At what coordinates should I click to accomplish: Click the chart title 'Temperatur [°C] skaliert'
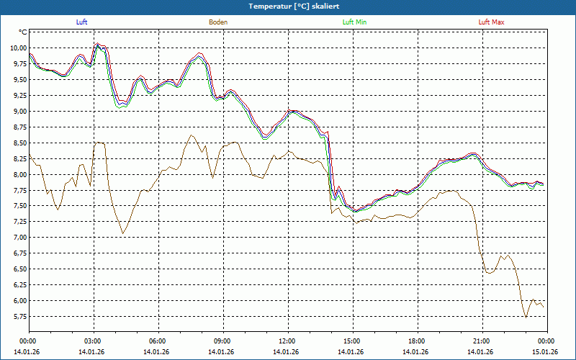point(288,6)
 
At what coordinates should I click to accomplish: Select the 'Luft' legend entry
point(81,22)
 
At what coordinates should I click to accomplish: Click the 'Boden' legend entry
point(218,22)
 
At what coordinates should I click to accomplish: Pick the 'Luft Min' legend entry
point(355,22)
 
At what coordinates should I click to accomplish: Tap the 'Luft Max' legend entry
point(492,22)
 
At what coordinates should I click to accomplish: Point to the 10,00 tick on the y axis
point(17,48)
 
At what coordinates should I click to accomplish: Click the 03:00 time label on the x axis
point(93,341)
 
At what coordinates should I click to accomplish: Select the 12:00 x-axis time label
point(287,341)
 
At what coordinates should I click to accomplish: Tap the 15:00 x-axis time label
point(351,341)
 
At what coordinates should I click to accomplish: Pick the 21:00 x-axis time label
point(481,341)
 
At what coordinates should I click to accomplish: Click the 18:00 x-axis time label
point(416,341)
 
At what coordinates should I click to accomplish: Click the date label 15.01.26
point(545,352)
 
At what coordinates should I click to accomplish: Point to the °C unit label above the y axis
point(23,32)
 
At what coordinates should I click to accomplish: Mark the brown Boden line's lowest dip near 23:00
point(526,317)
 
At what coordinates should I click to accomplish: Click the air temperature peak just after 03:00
point(97,44)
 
